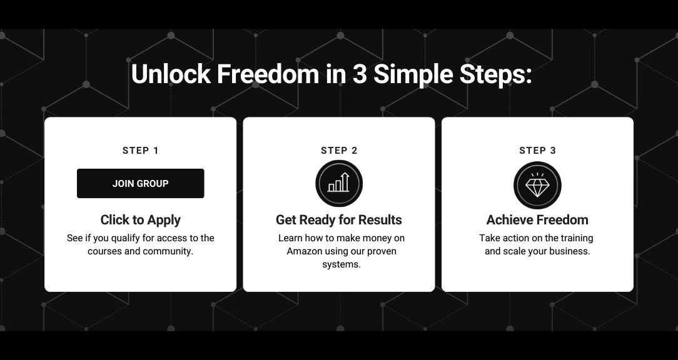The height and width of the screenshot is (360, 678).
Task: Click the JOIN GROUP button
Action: pos(141,183)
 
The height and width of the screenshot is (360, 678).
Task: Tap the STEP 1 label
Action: pos(141,151)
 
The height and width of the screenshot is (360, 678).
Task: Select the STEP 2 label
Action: pos(339,151)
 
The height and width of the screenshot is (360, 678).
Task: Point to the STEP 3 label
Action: pos(537,151)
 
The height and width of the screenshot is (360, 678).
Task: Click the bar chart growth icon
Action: pos(339,183)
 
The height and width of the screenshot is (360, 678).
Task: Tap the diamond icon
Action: pos(537,185)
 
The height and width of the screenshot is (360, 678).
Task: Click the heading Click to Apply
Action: pos(141,220)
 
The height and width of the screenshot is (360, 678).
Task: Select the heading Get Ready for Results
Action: pos(339,220)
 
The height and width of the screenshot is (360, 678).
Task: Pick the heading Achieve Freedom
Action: pos(537,220)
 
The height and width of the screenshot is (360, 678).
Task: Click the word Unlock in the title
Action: pos(171,74)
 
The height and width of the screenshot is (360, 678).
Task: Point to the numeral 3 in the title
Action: pos(359,74)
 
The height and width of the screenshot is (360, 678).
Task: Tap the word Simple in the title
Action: pos(413,75)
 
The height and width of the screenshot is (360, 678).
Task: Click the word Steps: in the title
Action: pos(495,75)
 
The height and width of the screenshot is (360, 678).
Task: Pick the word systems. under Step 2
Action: pos(342,264)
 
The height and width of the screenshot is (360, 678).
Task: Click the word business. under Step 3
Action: pos(571,251)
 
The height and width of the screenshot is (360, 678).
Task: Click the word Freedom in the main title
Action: pos(268,74)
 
